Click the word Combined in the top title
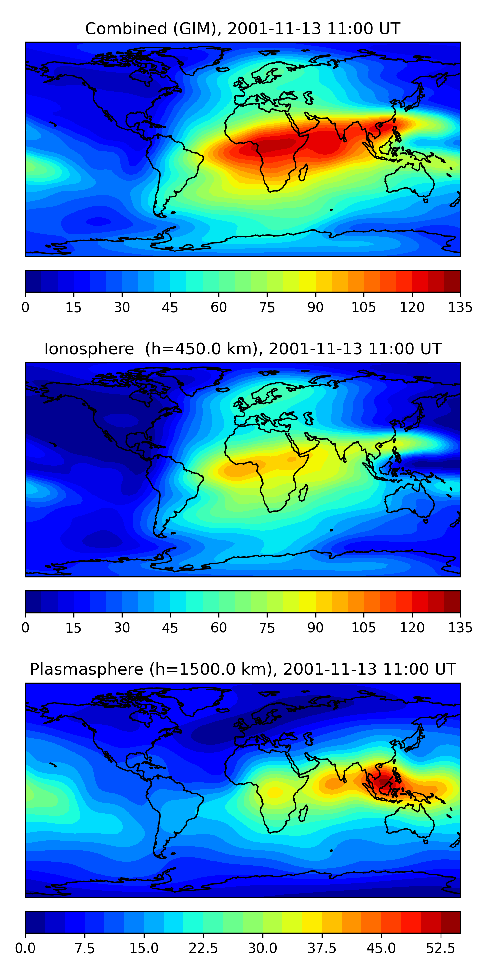[126, 29]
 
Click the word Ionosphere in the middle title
[89, 349]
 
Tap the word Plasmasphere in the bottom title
[87, 670]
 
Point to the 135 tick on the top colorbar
[460, 307]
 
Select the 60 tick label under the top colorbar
[219, 307]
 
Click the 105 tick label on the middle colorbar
[363, 628]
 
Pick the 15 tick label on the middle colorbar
[74, 628]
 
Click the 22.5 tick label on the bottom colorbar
[203, 948]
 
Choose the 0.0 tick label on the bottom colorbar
[25, 948]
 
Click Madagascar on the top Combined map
[303, 172]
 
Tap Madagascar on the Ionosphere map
[303, 493]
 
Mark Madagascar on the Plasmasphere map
[303, 813]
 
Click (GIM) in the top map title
[195, 29]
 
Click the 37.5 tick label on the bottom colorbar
[322, 948]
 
